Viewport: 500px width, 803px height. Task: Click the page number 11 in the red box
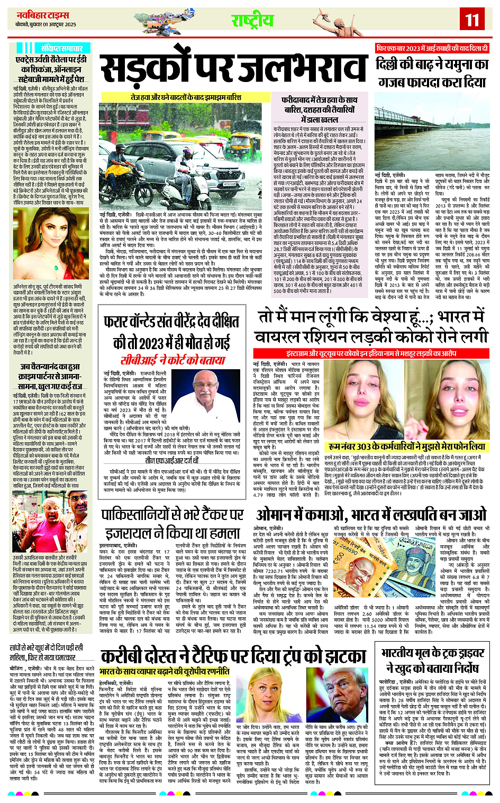coord(472,20)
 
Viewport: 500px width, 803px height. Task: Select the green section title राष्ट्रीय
coord(252,21)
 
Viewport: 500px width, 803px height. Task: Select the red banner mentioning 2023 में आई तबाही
coord(432,48)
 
